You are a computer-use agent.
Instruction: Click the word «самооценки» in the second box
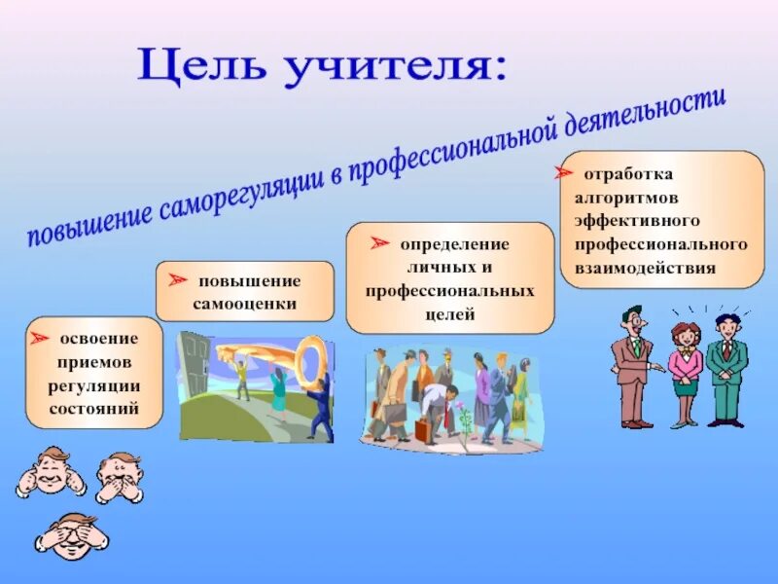(245, 304)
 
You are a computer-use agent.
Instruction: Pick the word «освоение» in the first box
(99, 339)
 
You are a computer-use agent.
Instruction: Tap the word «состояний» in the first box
(93, 409)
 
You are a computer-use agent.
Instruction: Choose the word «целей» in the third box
(450, 314)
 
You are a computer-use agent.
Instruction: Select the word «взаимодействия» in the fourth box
(645, 269)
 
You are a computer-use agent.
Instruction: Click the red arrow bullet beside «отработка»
(564, 172)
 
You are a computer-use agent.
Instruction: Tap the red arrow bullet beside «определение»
(379, 242)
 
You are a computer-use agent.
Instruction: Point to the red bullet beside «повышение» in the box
(177, 279)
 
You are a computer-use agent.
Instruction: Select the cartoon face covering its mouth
(120, 478)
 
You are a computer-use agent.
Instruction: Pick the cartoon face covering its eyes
(72, 535)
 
